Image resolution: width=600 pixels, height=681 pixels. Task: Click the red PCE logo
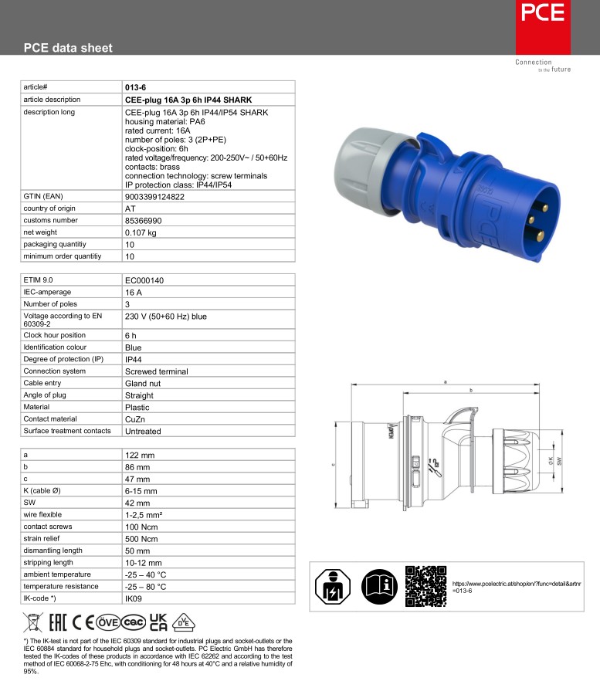point(543,27)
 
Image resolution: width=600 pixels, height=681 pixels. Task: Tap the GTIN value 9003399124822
point(154,197)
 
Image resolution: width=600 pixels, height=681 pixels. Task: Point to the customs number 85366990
point(143,221)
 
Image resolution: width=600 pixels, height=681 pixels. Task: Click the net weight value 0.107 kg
point(141,232)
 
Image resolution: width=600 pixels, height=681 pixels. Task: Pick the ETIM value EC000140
point(144,280)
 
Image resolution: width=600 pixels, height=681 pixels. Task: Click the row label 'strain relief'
point(41,539)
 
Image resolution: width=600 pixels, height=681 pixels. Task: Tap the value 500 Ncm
point(141,539)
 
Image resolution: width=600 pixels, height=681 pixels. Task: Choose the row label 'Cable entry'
point(42,383)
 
